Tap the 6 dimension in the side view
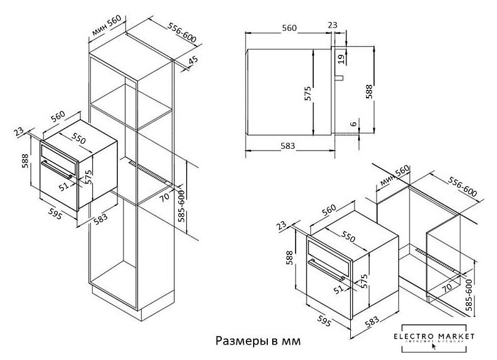point(353,123)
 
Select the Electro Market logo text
point(438,336)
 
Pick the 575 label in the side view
point(309,93)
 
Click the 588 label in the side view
point(369,91)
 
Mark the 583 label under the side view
point(288,146)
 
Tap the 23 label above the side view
point(332,25)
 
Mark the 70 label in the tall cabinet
point(165,199)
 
